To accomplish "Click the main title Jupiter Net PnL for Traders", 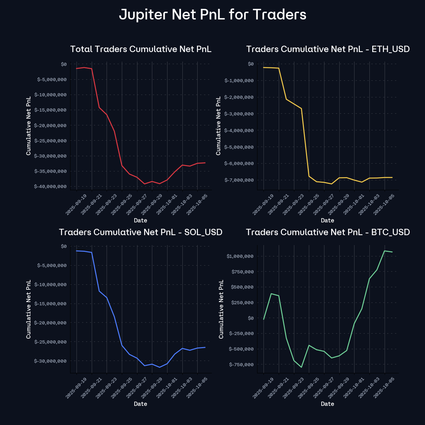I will pos(212,15).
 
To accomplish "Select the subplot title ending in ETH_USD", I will pos(328,49).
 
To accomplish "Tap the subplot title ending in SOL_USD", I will pos(141,232).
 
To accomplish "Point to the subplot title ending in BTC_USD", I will pos(328,232).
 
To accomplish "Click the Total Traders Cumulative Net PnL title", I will pos(141,49).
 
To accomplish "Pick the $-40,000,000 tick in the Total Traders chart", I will pos(50,187).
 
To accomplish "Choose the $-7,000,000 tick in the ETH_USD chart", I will pos(239,180).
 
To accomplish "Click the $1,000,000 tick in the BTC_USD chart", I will pos(240,256).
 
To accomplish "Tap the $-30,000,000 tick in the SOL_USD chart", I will pos(50,361).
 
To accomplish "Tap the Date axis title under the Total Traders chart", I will pos(141,220).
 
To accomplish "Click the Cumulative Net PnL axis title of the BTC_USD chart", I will pos(221,309).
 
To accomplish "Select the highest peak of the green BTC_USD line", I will pos(385,251).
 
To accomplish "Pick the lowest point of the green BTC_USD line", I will pos(301,367).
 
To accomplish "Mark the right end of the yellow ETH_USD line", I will pos(392,177).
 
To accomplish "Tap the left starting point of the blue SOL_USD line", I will pos(76,251).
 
